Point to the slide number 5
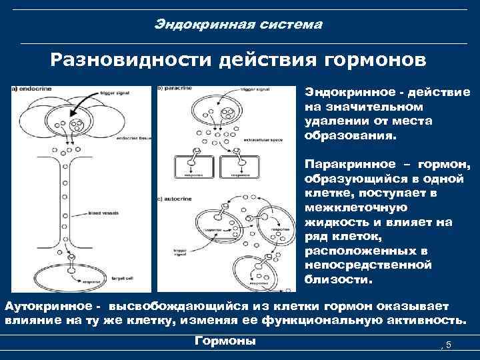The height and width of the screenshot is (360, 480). click(449, 344)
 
